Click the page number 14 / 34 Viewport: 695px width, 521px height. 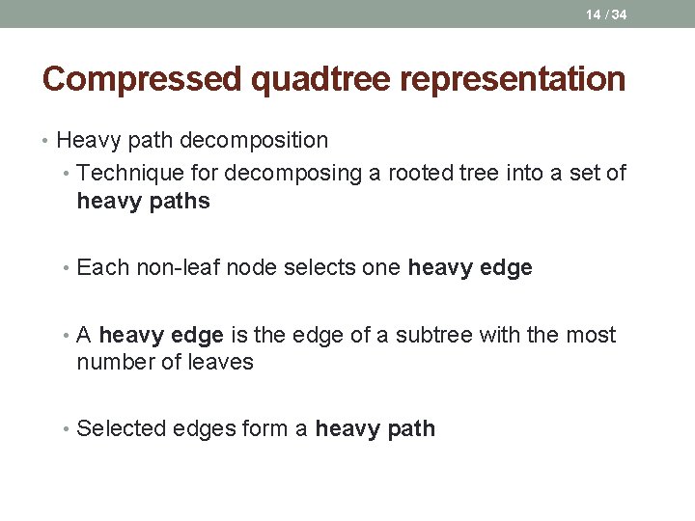[606, 14]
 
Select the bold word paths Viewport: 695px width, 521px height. [177, 202]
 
